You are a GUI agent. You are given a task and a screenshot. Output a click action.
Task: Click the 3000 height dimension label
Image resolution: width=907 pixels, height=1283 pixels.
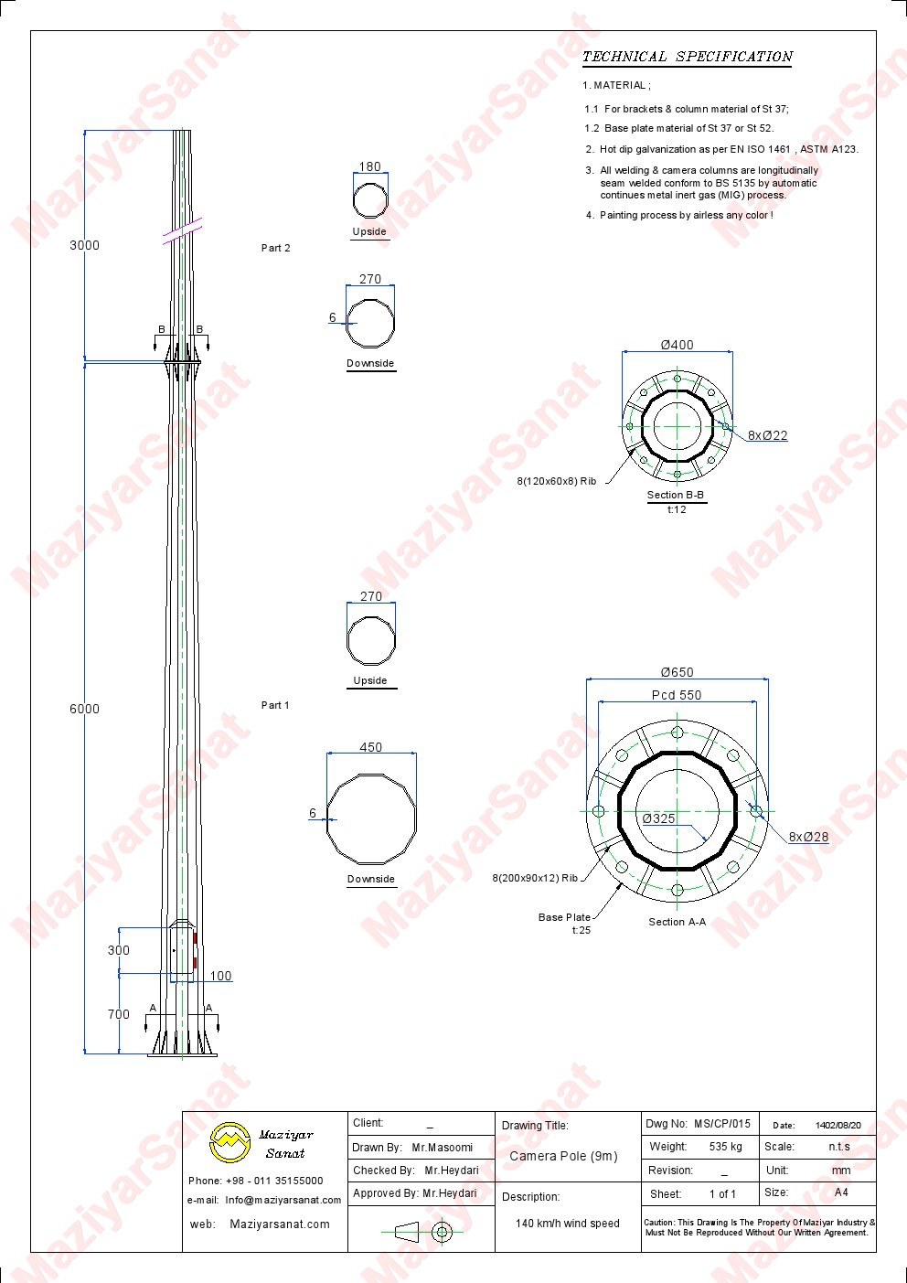click(84, 245)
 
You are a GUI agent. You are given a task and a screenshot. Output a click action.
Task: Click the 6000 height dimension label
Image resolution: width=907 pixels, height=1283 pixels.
click(84, 709)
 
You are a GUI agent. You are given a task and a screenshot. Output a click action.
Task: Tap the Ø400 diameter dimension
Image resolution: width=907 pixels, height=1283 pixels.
click(677, 345)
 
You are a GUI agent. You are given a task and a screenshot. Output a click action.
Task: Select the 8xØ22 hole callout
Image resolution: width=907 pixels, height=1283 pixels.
click(767, 435)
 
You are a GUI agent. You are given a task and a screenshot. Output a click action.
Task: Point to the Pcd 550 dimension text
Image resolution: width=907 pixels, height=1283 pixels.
click(677, 695)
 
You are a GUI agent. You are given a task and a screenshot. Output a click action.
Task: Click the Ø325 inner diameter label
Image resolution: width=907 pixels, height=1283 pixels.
click(658, 818)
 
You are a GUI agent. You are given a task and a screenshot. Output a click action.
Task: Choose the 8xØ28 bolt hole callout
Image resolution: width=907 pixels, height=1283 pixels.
click(808, 837)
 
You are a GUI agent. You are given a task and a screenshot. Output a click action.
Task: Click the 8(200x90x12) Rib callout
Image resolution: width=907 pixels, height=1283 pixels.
click(535, 878)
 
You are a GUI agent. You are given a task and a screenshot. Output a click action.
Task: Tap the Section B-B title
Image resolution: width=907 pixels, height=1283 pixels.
click(676, 495)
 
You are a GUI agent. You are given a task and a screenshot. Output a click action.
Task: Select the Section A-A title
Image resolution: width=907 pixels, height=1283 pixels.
click(678, 922)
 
